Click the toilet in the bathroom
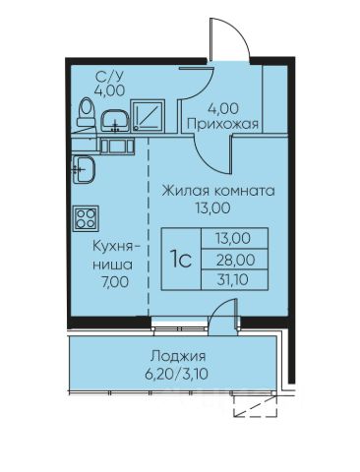86,114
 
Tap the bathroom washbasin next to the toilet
115,121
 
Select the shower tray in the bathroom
148,116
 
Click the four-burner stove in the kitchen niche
86,218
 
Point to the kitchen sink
84,169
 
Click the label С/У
109,77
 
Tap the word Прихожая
223,124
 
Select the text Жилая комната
218,191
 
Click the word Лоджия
178,356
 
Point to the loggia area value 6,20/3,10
176,374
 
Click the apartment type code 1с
181,260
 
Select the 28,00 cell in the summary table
235,261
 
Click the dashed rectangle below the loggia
256,406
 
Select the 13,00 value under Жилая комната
212,208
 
